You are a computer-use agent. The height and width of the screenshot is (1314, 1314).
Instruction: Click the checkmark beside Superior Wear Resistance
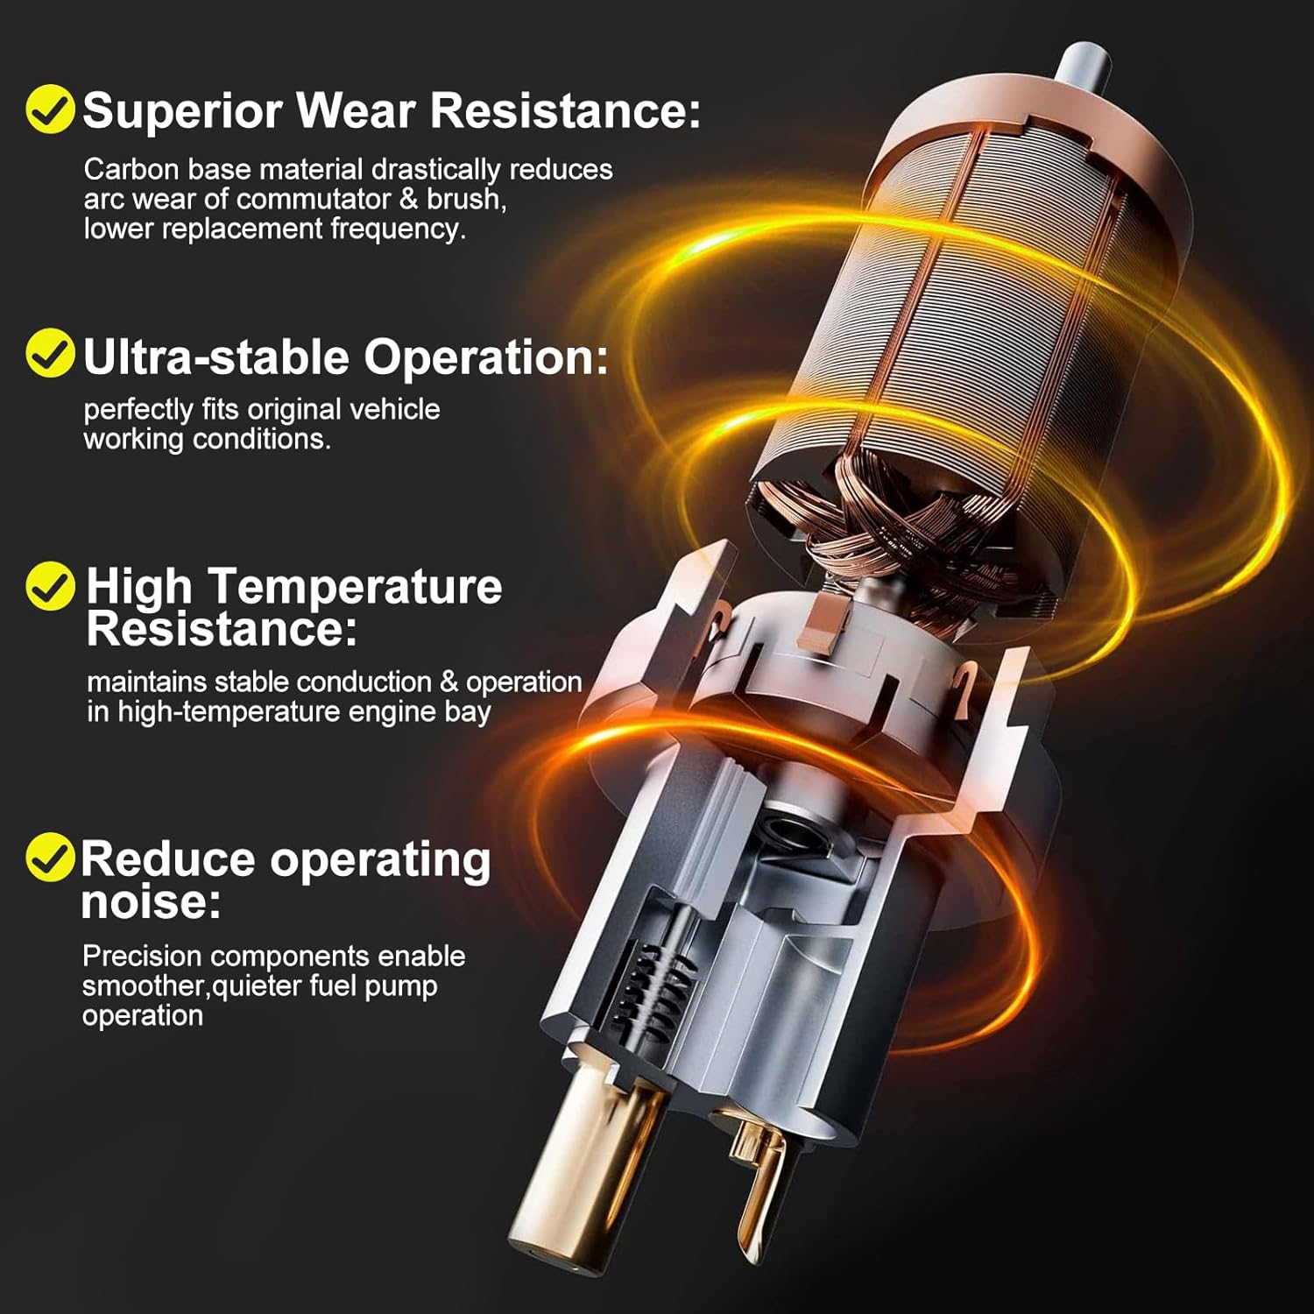(50, 109)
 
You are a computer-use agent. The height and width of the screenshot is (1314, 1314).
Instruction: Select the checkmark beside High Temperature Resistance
(50, 586)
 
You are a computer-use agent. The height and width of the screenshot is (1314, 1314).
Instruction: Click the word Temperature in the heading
(354, 587)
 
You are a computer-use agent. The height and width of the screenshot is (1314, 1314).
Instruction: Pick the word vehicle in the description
(394, 409)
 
